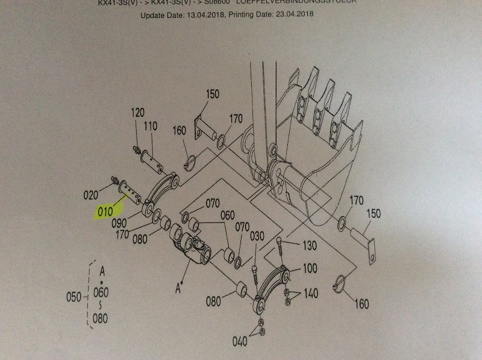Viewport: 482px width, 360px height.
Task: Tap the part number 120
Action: click(x=138, y=113)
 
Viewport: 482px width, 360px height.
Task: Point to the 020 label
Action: click(x=90, y=195)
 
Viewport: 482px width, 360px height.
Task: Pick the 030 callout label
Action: click(x=257, y=236)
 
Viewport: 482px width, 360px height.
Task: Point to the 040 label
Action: click(x=240, y=342)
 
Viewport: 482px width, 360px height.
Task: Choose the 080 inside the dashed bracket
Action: click(x=101, y=318)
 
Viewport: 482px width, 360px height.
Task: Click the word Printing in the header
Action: click(x=245, y=14)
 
